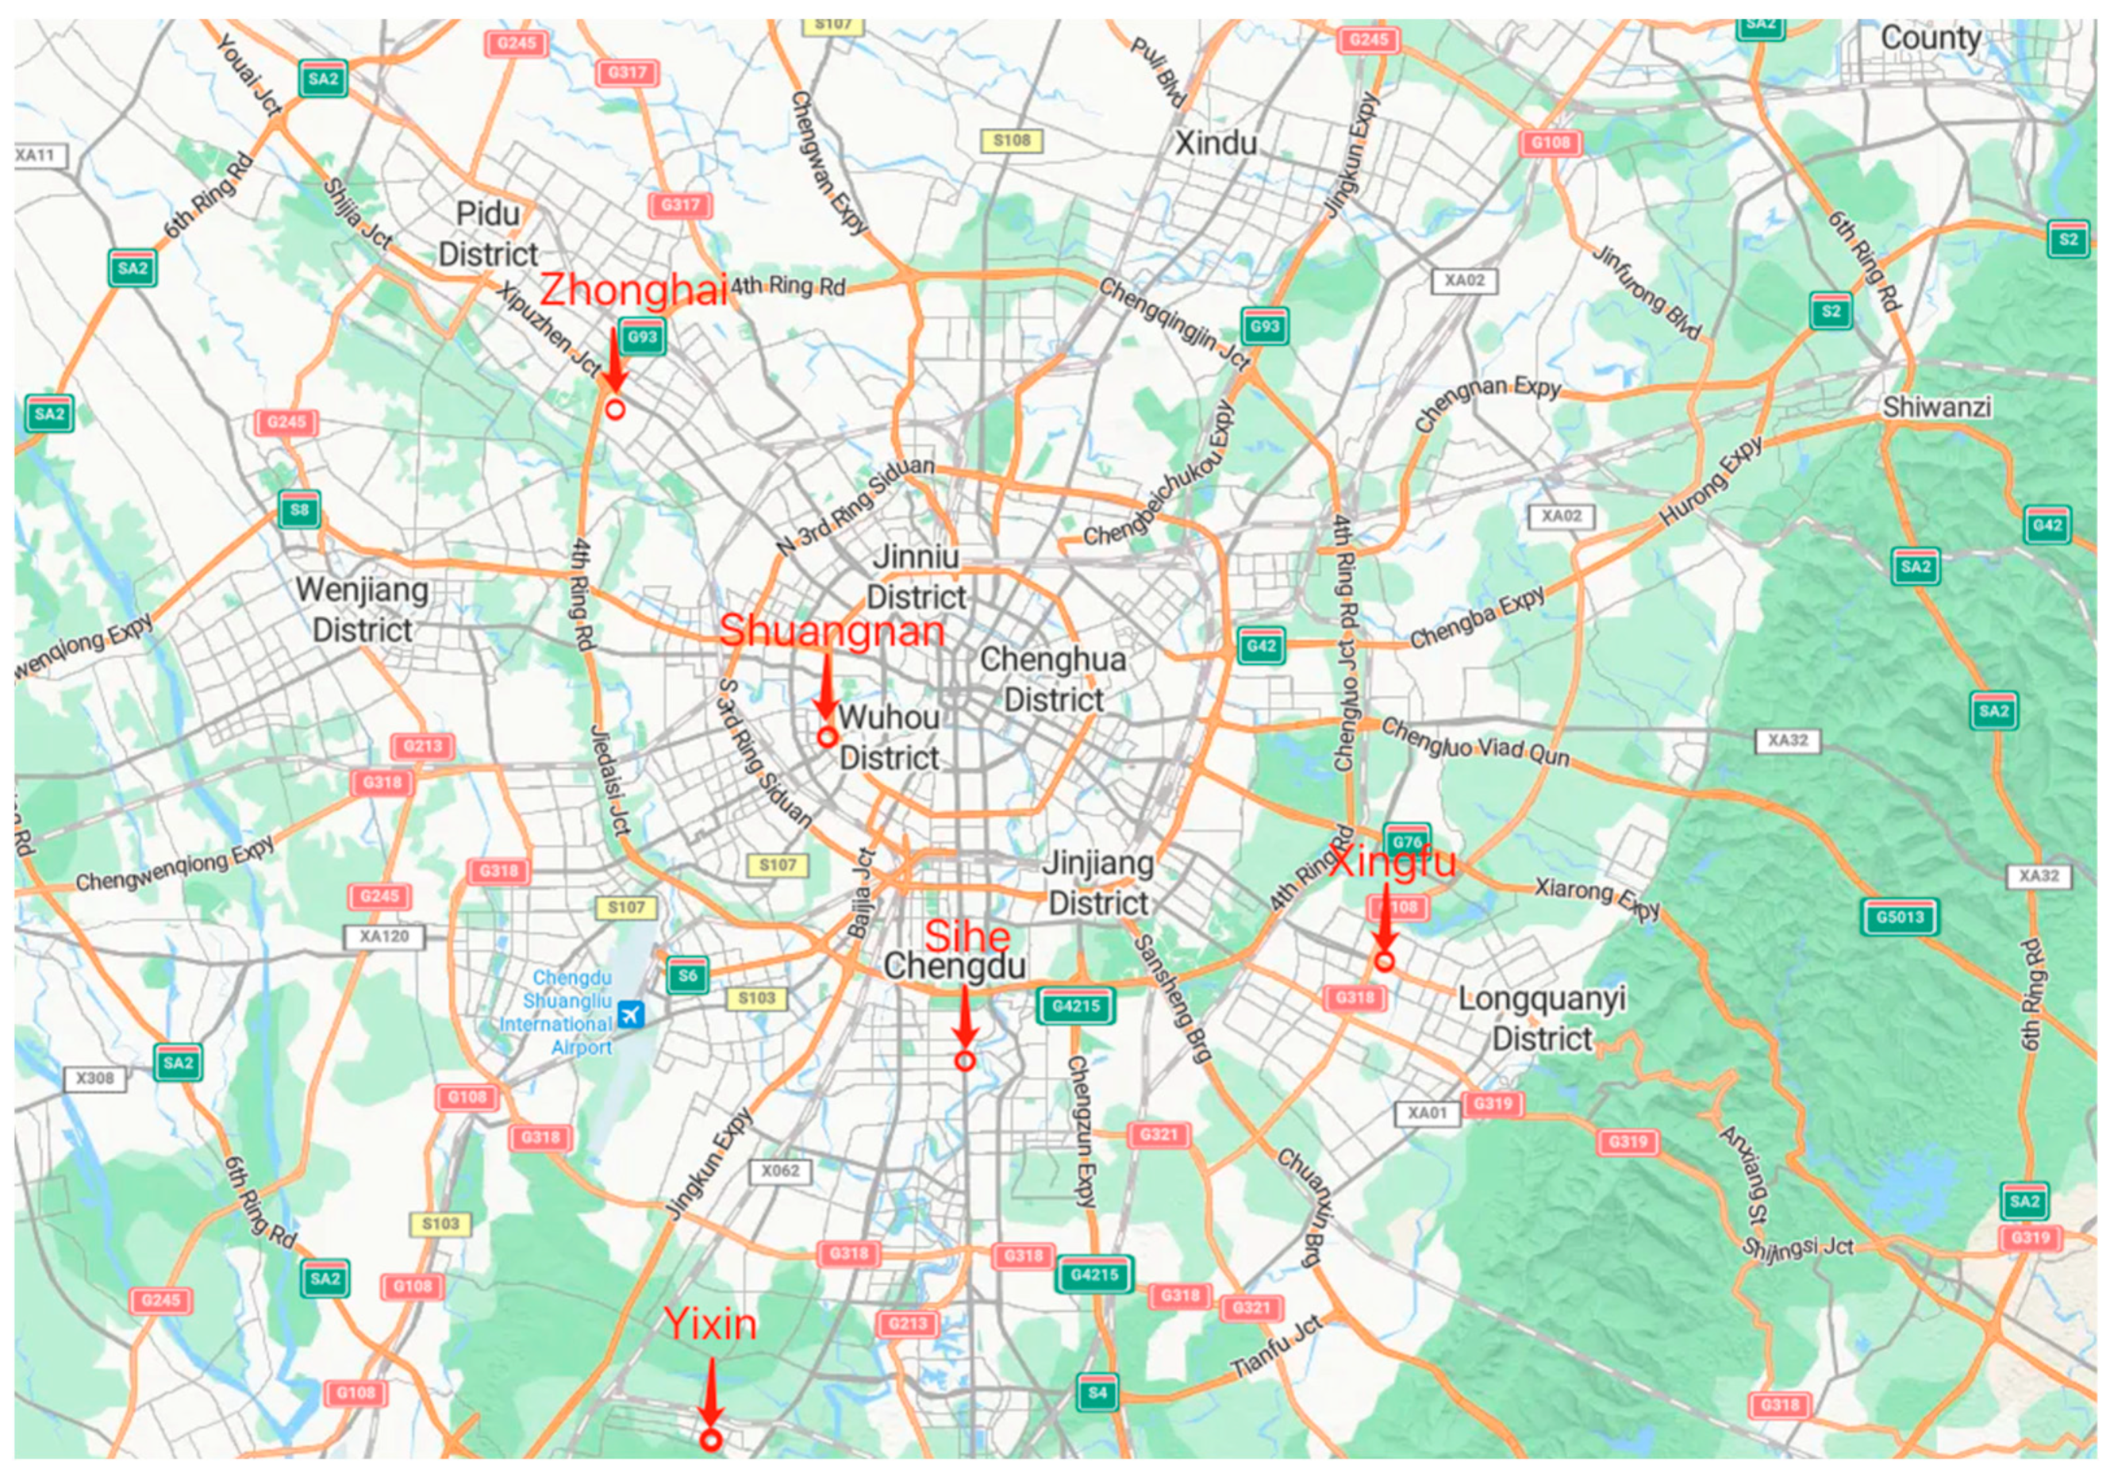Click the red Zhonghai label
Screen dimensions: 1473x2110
(x=633, y=290)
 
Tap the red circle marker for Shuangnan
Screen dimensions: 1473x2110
(x=827, y=736)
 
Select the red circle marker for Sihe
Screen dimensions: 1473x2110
(x=964, y=1061)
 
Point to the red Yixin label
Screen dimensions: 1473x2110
(x=710, y=1324)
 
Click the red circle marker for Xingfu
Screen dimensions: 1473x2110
(x=1384, y=961)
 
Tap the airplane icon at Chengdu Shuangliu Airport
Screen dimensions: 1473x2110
(x=632, y=1015)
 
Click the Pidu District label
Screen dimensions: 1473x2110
(x=488, y=233)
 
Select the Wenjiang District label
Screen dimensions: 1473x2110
(x=362, y=610)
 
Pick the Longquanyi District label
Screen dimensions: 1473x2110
(x=1542, y=1018)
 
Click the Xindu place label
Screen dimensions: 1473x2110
(x=1216, y=144)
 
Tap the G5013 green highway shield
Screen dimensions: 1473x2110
(x=1900, y=917)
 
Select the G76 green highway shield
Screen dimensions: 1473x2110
(x=1407, y=840)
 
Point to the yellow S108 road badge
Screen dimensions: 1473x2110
(x=1012, y=140)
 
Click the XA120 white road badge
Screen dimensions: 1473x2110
(x=384, y=937)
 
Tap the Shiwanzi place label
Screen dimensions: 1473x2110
(x=1937, y=407)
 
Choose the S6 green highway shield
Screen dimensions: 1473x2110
(x=687, y=976)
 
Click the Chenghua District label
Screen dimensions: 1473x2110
(x=1053, y=679)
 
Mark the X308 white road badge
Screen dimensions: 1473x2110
(x=94, y=1078)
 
